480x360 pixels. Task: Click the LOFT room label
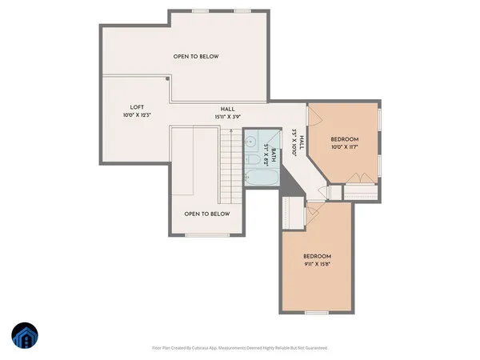pos(138,108)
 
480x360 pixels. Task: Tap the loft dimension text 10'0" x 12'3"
pos(138,116)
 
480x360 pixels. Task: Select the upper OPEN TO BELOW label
pos(196,57)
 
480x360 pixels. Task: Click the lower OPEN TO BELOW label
pos(206,214)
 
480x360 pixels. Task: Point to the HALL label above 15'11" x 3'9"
pos(228,109)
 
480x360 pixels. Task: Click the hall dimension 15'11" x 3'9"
pos(228,117)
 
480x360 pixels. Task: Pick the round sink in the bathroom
pos(251,138)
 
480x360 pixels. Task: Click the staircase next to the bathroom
pos(230,164)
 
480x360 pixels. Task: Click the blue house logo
pos(25,335)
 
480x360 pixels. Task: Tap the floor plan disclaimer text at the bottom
pos(240,348)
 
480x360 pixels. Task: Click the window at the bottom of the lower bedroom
pos(317,312)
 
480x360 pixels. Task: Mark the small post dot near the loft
pos(167,78)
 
